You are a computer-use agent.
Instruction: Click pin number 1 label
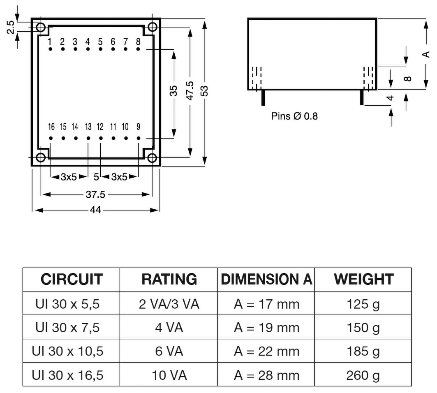[50, 42]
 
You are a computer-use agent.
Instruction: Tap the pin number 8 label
[138, 42]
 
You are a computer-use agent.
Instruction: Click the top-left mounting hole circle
[41, 28]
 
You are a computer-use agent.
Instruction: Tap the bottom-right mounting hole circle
[152, 158]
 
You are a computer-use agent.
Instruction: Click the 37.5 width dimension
[95, 194]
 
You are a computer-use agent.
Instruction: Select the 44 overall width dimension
[95, 210]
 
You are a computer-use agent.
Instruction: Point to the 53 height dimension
[204, 90]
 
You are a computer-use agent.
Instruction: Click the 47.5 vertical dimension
[189, 90]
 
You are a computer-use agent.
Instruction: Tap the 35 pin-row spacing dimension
[173, 90]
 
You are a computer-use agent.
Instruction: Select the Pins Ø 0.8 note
[294, 116]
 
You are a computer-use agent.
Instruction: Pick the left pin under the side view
[262, 97]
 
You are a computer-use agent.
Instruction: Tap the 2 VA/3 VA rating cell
[169, 305]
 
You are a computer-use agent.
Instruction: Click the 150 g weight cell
[363, 328]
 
